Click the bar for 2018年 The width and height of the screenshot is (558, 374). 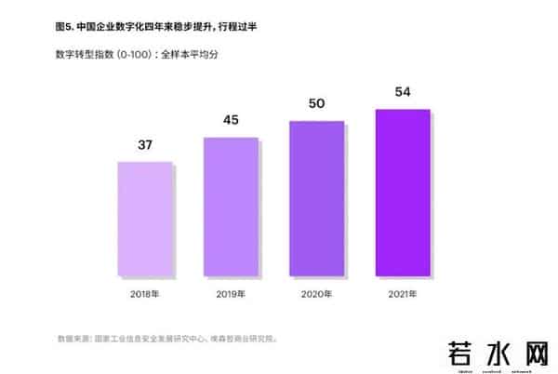144,218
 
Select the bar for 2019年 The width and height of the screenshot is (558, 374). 231,206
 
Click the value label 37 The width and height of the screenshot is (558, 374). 144,145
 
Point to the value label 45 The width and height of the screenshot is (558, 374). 231,119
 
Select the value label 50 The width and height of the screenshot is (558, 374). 316,103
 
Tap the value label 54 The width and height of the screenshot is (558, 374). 402,91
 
